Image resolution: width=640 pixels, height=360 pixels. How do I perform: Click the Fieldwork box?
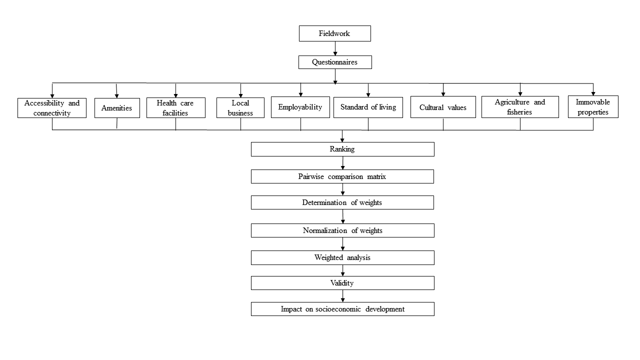coord(335,33)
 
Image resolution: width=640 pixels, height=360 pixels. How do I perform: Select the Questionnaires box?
coord(335,62)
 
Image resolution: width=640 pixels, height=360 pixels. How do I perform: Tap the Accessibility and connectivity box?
coord(52,108)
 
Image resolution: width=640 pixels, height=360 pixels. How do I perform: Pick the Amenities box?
coord(117,108)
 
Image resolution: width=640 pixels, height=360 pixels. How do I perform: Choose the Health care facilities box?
coord(176,107)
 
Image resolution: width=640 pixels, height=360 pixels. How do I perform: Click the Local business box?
coord(240,107)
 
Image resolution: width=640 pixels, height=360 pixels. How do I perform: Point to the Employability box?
coord(300,107)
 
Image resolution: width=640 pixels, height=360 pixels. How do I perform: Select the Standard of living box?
coord(368,107)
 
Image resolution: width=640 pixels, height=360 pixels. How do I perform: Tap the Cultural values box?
coord(443,107)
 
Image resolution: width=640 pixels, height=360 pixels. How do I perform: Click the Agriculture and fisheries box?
coord(520,107)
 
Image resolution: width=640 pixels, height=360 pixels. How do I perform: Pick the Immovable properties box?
coord(593,107)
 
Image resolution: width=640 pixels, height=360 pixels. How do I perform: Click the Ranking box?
coord(342,149)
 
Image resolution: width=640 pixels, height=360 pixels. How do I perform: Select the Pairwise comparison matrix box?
coord(342,176)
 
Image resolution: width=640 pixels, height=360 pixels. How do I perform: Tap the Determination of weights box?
coord(342,202)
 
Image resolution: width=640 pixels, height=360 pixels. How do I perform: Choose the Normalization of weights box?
coord(342,230)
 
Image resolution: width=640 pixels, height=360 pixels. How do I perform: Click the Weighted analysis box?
coord(342,257)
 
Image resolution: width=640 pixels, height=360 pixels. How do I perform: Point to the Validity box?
coord(342,283)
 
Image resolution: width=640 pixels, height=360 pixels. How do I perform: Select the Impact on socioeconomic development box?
coord(342,309)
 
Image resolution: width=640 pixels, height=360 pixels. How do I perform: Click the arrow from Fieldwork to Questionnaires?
coord(335,48)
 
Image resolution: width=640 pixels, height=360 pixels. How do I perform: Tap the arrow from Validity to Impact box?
coord(343,296)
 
